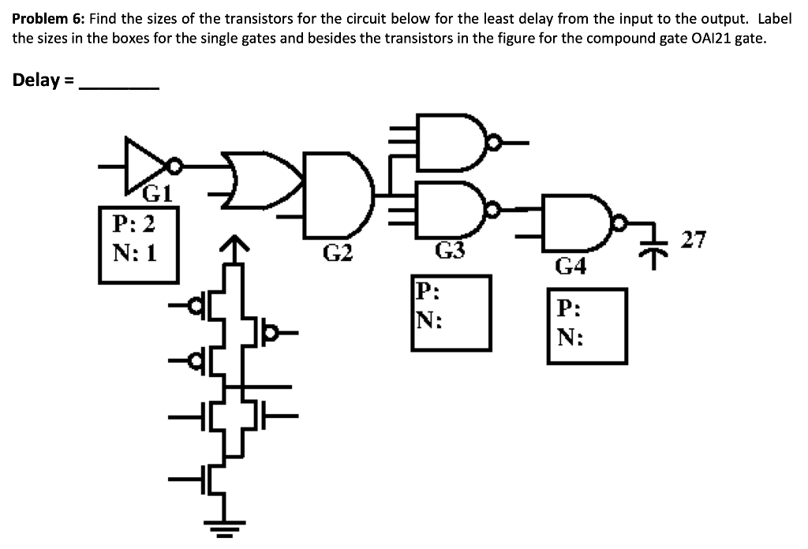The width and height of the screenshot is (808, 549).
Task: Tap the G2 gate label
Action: click(x=338, y=253)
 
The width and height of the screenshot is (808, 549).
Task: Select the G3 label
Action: click(x=451, y=252)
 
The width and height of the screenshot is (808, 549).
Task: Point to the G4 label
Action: click(x=570, y=267)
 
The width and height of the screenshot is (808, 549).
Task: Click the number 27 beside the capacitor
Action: click(x=694, y=240)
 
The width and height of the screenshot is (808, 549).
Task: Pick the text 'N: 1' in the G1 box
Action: click(x=133, y=254)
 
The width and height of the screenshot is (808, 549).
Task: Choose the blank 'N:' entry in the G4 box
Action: click(x=569, y=338)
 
